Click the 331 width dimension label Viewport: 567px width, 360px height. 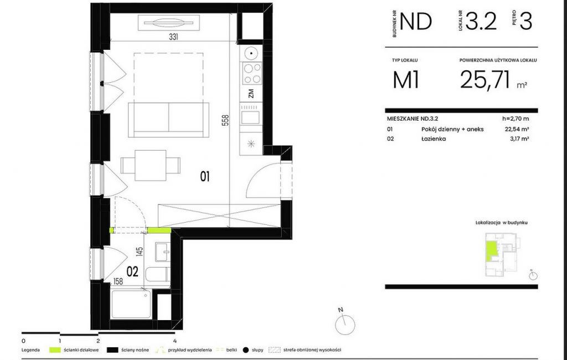173,37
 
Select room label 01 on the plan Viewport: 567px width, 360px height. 205,177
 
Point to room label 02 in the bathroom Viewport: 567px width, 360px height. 132,271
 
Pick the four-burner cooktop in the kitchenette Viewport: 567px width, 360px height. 252,74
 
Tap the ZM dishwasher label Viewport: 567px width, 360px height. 251,94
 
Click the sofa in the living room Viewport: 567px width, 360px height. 168,120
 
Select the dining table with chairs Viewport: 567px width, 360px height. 151,166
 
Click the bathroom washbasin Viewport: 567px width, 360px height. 163,251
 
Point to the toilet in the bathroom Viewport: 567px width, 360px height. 158,276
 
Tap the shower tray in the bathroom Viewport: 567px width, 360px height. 132,304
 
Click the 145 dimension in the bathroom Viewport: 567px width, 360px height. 140,251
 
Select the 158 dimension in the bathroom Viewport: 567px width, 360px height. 118,281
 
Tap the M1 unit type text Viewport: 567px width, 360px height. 406,80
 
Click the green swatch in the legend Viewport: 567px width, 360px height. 55,350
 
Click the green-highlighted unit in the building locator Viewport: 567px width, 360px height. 492,251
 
